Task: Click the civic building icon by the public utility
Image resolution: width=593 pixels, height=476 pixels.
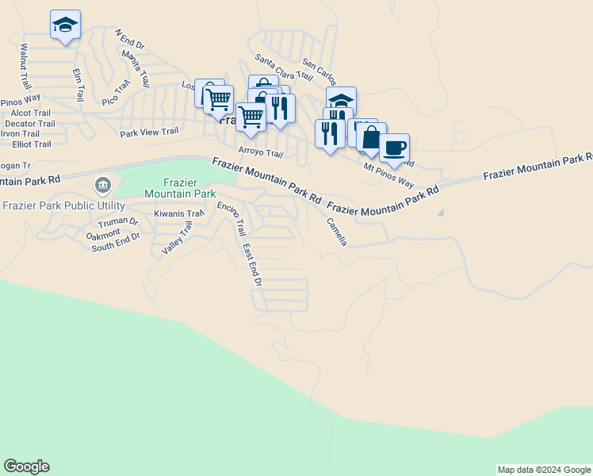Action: click(x=102, y=186)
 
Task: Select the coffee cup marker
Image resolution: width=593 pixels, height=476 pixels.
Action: click(x=394, y=148)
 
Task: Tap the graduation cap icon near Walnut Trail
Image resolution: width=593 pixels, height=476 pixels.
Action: click(x=65, y=25)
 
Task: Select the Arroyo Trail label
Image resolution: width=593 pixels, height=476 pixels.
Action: click(x=261, y=153)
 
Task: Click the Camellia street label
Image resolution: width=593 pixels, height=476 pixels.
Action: click(x=337, y=232)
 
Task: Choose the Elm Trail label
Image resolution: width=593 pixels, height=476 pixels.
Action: click(x=78, y=85)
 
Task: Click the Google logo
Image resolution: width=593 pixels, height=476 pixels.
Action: click(x=26, y=466)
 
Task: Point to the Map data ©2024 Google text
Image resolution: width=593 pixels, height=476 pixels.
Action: click(x=544, y=470)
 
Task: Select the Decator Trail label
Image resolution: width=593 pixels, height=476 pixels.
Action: click(x=30, y=124)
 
